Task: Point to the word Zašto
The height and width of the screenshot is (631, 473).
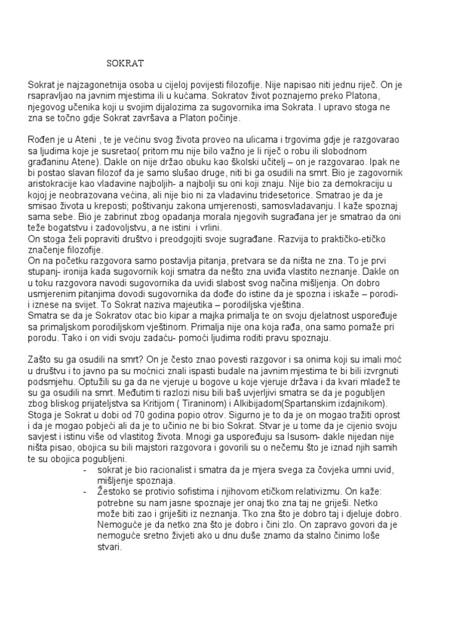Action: tap(40, 359)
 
